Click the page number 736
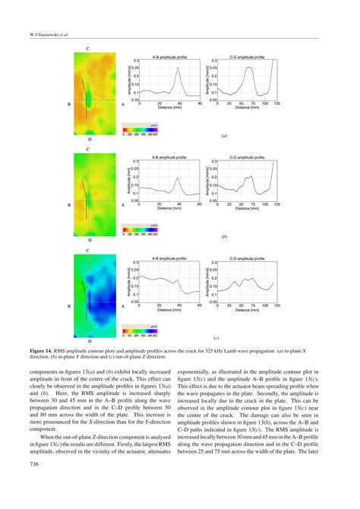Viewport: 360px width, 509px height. (x=34, y=463)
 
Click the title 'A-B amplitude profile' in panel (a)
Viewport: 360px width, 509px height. (x=170, y=56)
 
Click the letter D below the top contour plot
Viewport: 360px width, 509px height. (x=89, y=140)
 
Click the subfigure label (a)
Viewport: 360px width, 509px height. (x=223, y=138)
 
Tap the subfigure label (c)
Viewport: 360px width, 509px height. (x=217, y=337)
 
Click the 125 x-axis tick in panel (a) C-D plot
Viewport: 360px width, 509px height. (x=277, y=103)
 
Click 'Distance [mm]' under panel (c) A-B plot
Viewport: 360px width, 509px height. (x=170, y=308)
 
